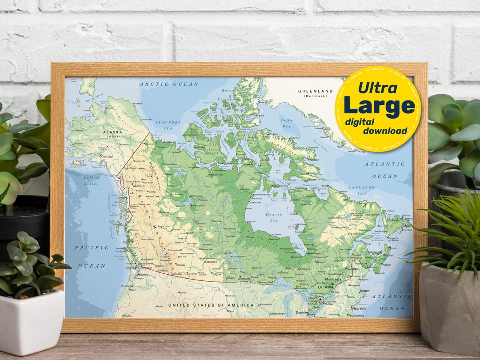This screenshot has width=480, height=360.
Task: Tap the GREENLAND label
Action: pyautogui.click(x=315, y=91)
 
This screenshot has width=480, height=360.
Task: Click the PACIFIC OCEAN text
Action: pyautogui.click(x=92, y=256)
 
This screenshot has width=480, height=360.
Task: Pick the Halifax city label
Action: pyautogui.click(x=386, y=265)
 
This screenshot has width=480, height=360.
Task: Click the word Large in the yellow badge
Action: pyautogui.click(x=379, y=105)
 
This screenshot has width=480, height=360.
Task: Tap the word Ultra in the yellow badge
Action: pyautogui.click(x=377, y=88)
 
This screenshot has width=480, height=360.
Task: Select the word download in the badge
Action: pyautogui.click(x=385, y=131)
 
